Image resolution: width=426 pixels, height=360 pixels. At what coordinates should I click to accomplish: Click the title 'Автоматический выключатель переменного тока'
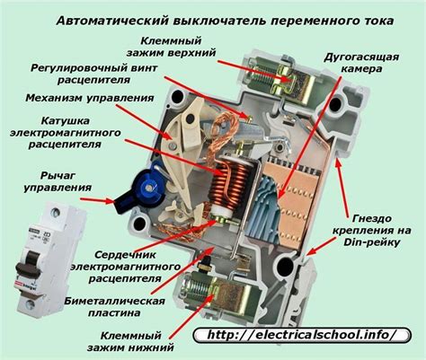tap(213, 17)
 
